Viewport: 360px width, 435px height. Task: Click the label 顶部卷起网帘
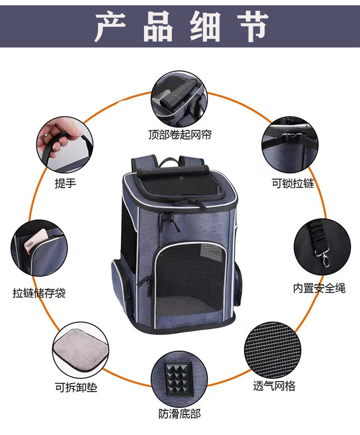point(180,135)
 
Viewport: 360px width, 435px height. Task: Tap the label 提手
point(65,183)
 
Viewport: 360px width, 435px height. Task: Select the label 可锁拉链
point(293,183)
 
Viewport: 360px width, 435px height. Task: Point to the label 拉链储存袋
point(39,293)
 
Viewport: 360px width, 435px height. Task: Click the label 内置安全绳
point(320,288)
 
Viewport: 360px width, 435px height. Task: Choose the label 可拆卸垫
point(76,388)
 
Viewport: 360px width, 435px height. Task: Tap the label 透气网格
point(274,386)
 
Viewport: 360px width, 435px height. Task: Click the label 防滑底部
point(180,414)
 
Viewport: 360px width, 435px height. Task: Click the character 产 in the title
point(110,27)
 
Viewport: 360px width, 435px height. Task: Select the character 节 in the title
point(252,27)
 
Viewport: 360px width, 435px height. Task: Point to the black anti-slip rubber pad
point(179,379)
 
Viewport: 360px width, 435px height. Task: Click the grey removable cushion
point(80,351)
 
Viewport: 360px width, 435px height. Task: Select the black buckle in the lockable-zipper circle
point(292,137)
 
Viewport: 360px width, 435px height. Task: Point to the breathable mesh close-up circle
point(273,351)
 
